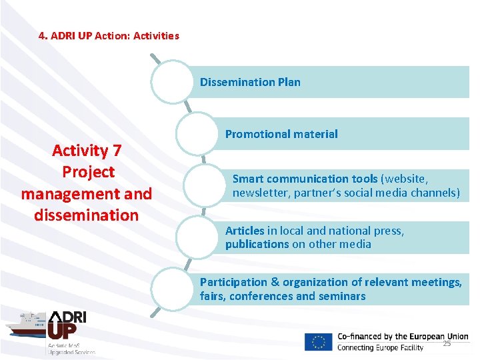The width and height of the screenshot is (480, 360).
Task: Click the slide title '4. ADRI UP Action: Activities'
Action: tap(109, 35)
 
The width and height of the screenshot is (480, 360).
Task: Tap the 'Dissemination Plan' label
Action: tap(250, 82)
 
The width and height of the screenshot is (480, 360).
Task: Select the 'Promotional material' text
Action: tap(281, 134)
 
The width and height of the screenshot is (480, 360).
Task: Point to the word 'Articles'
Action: tap(245, 231)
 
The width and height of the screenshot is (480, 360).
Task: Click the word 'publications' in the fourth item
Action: tap(257, 244)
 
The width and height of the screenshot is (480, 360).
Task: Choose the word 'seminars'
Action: tap(343, 296)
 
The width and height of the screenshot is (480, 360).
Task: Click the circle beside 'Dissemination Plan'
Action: tap(172, 82)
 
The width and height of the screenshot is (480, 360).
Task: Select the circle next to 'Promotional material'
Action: tap(197, 133)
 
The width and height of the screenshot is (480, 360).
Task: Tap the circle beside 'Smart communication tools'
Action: tap(205, 185)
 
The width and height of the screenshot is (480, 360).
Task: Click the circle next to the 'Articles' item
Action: tap(197, 237)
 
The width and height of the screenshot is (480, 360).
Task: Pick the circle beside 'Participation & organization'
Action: tap(172, 289)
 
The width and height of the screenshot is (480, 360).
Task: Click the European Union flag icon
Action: tap(318, 341)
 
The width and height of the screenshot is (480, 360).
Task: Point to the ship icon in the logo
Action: tap(25, 326)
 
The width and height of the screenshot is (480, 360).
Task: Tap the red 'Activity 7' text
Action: tap(87, 151)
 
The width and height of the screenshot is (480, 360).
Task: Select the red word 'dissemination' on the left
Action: tap(87, 215)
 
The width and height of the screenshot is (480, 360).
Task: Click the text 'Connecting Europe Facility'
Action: tap(380, 348)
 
